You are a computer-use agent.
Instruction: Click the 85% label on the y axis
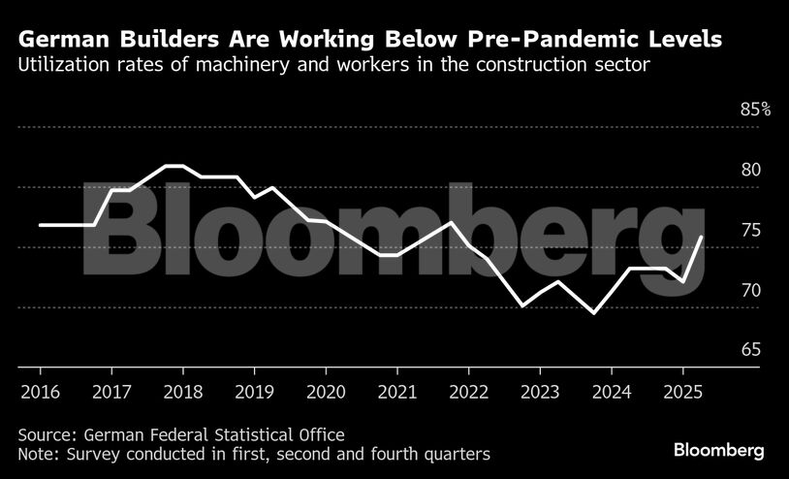click(755, 110)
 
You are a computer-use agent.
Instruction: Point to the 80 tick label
click(751, 170)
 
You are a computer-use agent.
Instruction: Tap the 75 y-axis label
click(751, 230)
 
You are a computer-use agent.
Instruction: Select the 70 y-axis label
click(751, 290)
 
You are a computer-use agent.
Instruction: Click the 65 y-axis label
click(751, 350)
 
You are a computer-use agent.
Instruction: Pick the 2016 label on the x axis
click(40, 394)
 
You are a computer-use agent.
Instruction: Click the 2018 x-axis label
click(182, 394)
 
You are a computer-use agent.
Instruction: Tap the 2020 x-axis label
click(325, 394)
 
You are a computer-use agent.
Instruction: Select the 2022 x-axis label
click(468, 394)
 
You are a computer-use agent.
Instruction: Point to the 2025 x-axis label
click(682, 394)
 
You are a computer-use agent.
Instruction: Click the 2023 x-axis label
click(539, 394)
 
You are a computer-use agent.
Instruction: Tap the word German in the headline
click(62, 41)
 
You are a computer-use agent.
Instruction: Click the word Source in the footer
click(44, 434)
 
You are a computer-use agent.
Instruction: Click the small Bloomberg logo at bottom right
click(719, 451)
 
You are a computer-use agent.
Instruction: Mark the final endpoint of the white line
click(702, 237)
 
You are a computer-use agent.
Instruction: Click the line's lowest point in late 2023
click(593, 313)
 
